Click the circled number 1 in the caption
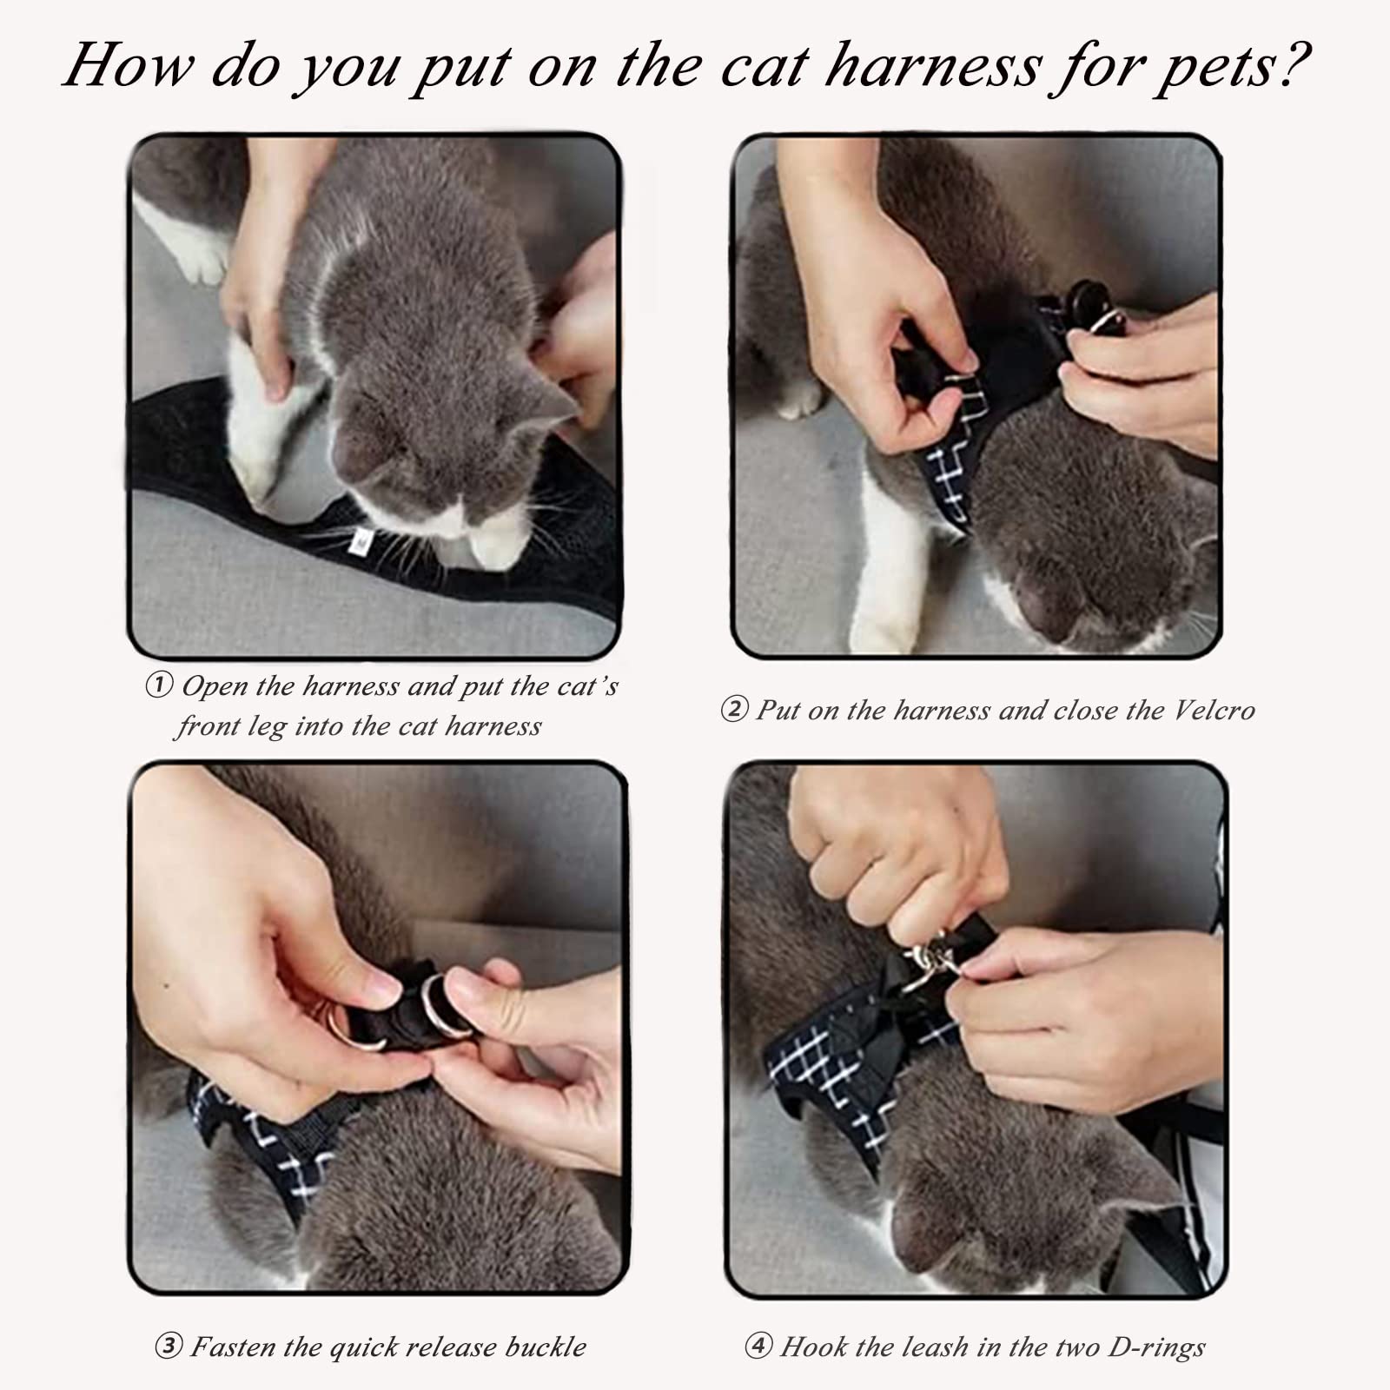[158, 686]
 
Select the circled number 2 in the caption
[734, 711]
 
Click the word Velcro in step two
[1215, 711]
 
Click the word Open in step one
[214, 686]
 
